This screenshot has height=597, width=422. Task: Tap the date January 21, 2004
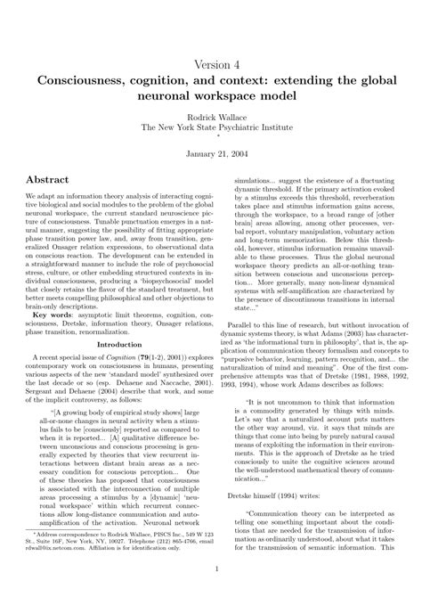pyautogui.click(x=211, y=153)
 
